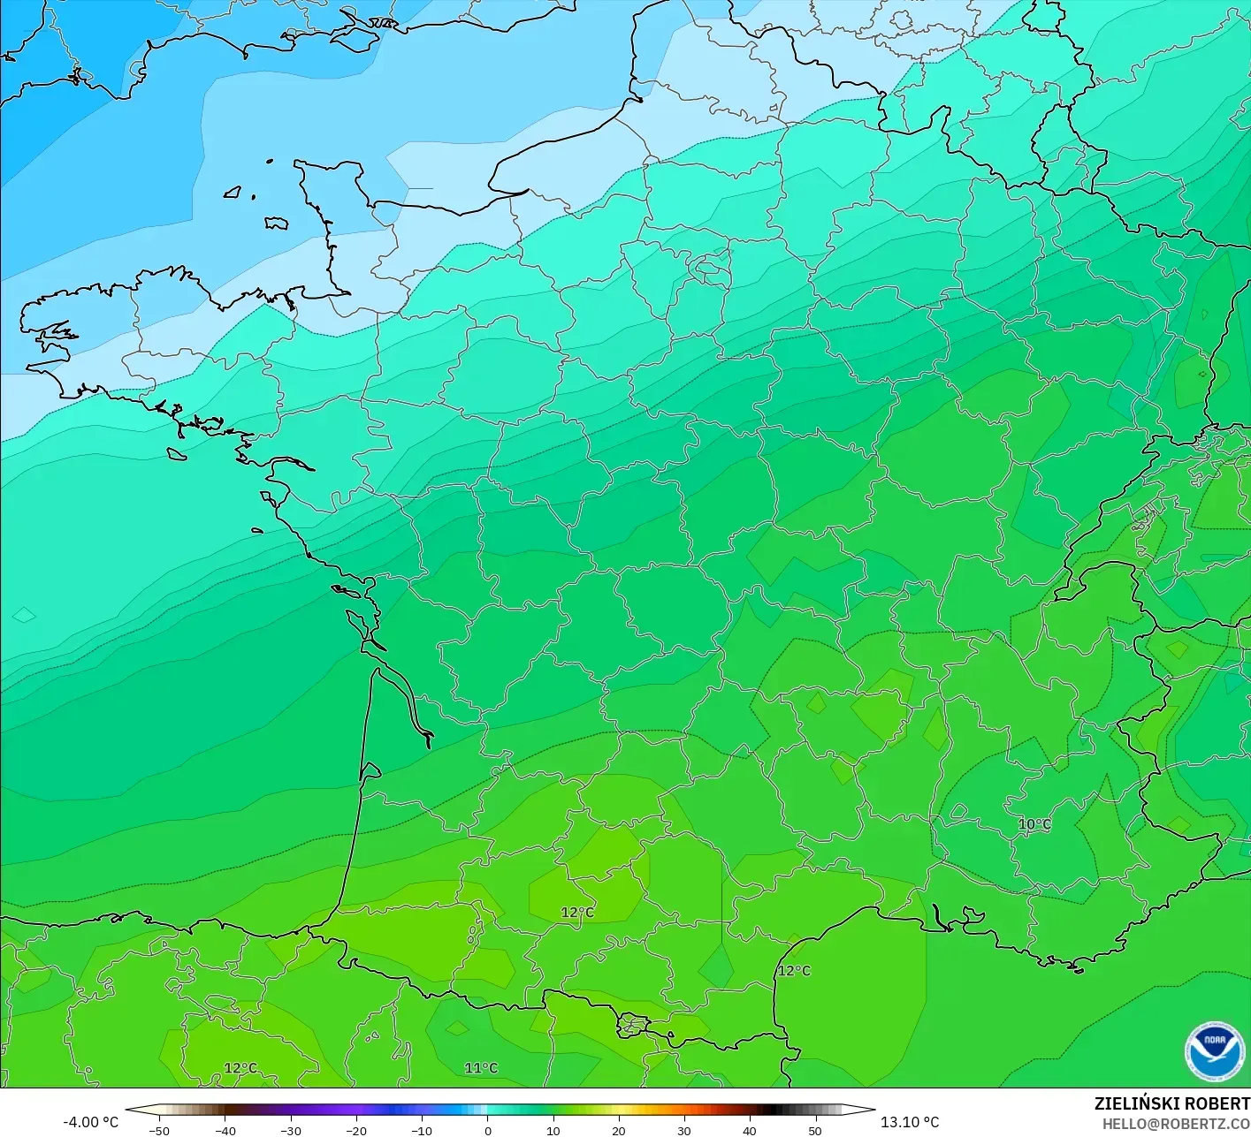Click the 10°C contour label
(x=1034, y=824)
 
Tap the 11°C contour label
(x=482, y=1068)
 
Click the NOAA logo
(x=1215, y=1051)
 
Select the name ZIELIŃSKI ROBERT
(x=1171, y=1103)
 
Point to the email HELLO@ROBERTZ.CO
(x=1176, y=1124)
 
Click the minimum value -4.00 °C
(x=90, y=1122)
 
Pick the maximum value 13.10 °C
(x=910, y=1122)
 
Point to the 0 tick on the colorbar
(x=488, y=1131)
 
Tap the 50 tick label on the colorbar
(x=815, y=1131)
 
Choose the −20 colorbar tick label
(x=355, y=1131)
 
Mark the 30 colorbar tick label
(x=684, y=1131)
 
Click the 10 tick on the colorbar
(x=553, y=1131)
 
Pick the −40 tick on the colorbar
(x=225, y=1131)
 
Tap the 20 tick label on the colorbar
(x=619, y=1131)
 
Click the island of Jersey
(x=277, y=224)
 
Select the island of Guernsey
(x=233, y=192)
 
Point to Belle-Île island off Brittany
(x=177, y=454)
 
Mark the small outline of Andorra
(x=634, y=1025)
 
